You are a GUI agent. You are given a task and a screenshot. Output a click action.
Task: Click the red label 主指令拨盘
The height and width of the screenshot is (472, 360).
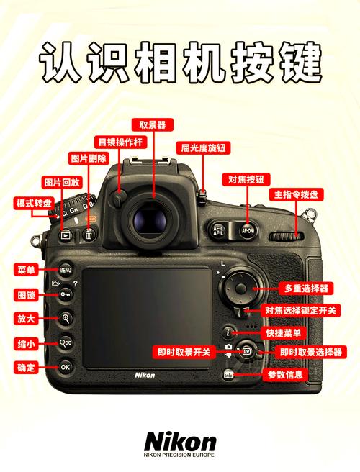(297, 195)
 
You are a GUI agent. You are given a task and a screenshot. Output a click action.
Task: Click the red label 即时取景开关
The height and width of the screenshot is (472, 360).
(184, 352)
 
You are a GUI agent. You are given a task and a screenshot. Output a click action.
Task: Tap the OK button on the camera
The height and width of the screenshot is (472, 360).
(66, 366)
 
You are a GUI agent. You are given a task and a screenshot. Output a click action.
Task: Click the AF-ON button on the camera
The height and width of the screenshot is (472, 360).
(248, 231)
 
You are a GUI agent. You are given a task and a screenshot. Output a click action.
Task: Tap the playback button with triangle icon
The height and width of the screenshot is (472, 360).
(66, 235)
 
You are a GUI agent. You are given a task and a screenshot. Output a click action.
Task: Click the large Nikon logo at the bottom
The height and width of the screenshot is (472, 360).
(179, 440)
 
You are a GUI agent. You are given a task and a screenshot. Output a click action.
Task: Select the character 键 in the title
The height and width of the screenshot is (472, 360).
(299, 63)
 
